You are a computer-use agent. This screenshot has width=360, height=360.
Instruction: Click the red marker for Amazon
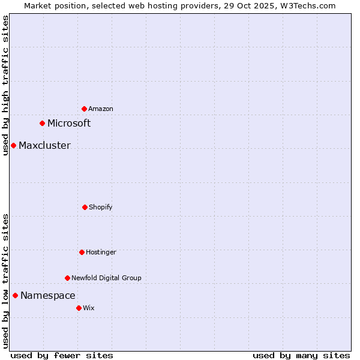pyautogui.click(x=84, y=109)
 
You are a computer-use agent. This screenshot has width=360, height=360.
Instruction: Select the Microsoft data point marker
pyautogui.click(x=42, y=123)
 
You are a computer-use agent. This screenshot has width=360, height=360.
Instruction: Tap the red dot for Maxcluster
pyautogui.click(x=13, y=145)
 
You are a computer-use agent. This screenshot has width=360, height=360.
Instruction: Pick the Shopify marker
pyautogui.click(x=85, y=207)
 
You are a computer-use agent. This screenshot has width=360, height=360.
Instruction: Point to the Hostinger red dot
pyautogui.click(x=82, y=252)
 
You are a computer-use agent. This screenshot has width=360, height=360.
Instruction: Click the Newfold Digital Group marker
pyautogui.click(x=67, y=278)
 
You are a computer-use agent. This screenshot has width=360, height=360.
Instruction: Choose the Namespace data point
pyautogui.click(x=15, y=295)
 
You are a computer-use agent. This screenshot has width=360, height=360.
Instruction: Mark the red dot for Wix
pyautogui.click(x=79, y=308)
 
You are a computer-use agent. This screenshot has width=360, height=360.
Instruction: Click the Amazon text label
pyautogui.click(x=101, y=109)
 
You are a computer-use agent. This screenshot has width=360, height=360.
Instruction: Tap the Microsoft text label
pyautogui.click(x=69, y=123)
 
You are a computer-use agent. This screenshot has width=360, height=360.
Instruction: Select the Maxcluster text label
pyautogui.click(x=44, y=145)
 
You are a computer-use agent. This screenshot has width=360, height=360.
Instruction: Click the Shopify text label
pyautogui.click(x=101, y=207)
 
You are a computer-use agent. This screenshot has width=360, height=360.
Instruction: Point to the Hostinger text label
pyautogui.click(x=101, y=252)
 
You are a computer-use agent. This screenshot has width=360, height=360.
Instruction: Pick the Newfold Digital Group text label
pyautogui.click(x=106, y=278)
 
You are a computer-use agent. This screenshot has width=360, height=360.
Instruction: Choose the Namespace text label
pyautogui.click(x=48, y=295)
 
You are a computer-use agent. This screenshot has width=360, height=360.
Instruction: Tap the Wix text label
pyautogui.click(x=89, y=308)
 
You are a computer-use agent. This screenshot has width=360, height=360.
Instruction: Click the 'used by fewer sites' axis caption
pyautogui.click(x=62, y=355)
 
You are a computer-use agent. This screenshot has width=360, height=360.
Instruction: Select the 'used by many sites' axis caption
pyautogui.click(x=301, y=355)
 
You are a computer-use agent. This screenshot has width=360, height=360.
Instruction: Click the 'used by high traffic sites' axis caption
pyautogui.click(x=5, y=85)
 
